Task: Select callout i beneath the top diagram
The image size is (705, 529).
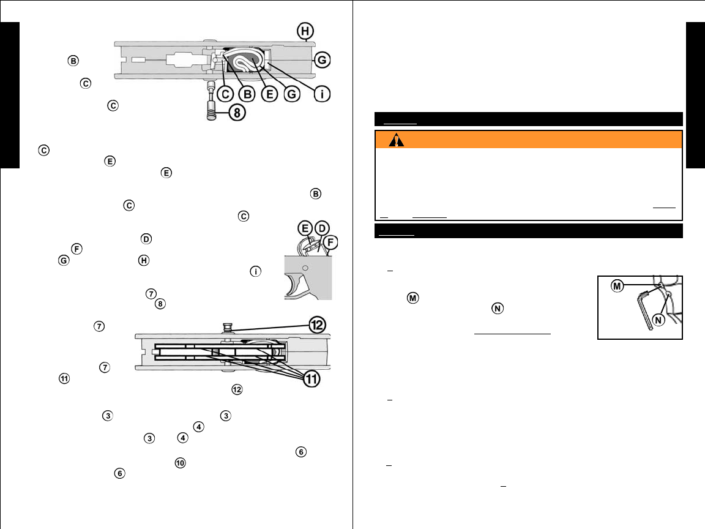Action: tap(323, 94)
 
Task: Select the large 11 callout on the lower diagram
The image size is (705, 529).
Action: tap(311, 380)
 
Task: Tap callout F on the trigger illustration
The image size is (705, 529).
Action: tap(332, 242)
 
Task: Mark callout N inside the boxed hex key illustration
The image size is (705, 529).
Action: tap(660, 321)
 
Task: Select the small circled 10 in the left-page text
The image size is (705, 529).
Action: tap(180, 462)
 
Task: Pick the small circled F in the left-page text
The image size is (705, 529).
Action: tap(76, 249)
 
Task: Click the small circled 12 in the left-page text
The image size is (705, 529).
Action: tap(237, 389)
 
